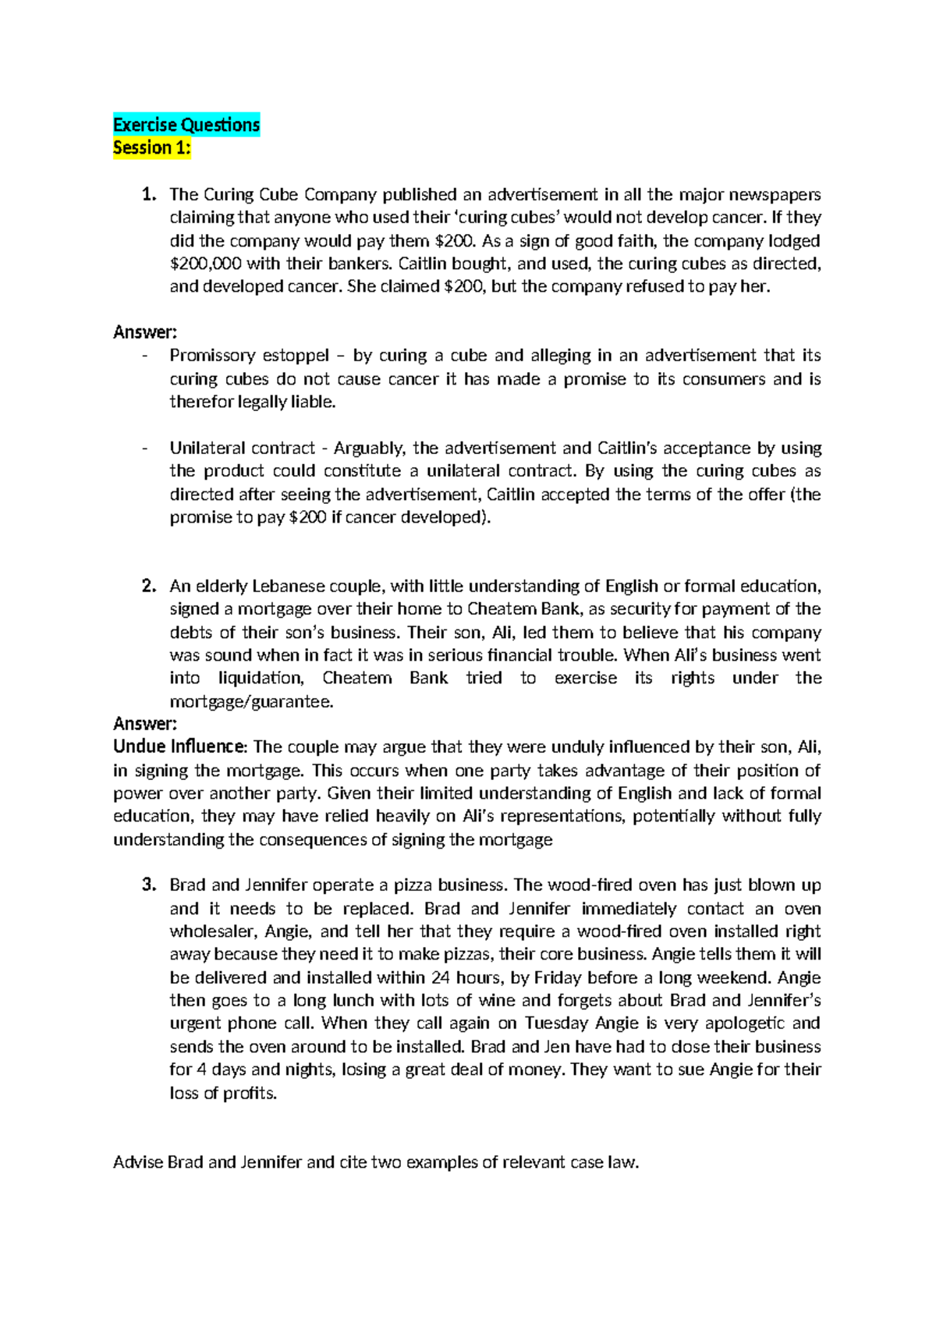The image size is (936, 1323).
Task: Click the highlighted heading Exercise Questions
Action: pos(186,125)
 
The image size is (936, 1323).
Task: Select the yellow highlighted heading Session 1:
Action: pos(152,147)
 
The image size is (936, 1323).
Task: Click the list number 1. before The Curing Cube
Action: pos(149,194)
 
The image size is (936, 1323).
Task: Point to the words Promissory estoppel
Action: pos(250,356)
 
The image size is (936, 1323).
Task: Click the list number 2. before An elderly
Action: pos(149,586)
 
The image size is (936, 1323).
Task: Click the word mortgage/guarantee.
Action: pos(251,702)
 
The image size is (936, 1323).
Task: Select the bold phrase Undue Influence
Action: pos(179,747)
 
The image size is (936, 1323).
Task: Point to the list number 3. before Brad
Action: pos(149,885)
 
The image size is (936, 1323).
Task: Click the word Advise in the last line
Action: pos(138,1162)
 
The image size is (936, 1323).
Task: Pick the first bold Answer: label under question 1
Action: pos(145,332)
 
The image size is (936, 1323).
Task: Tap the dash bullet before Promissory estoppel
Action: pos(145,356)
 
